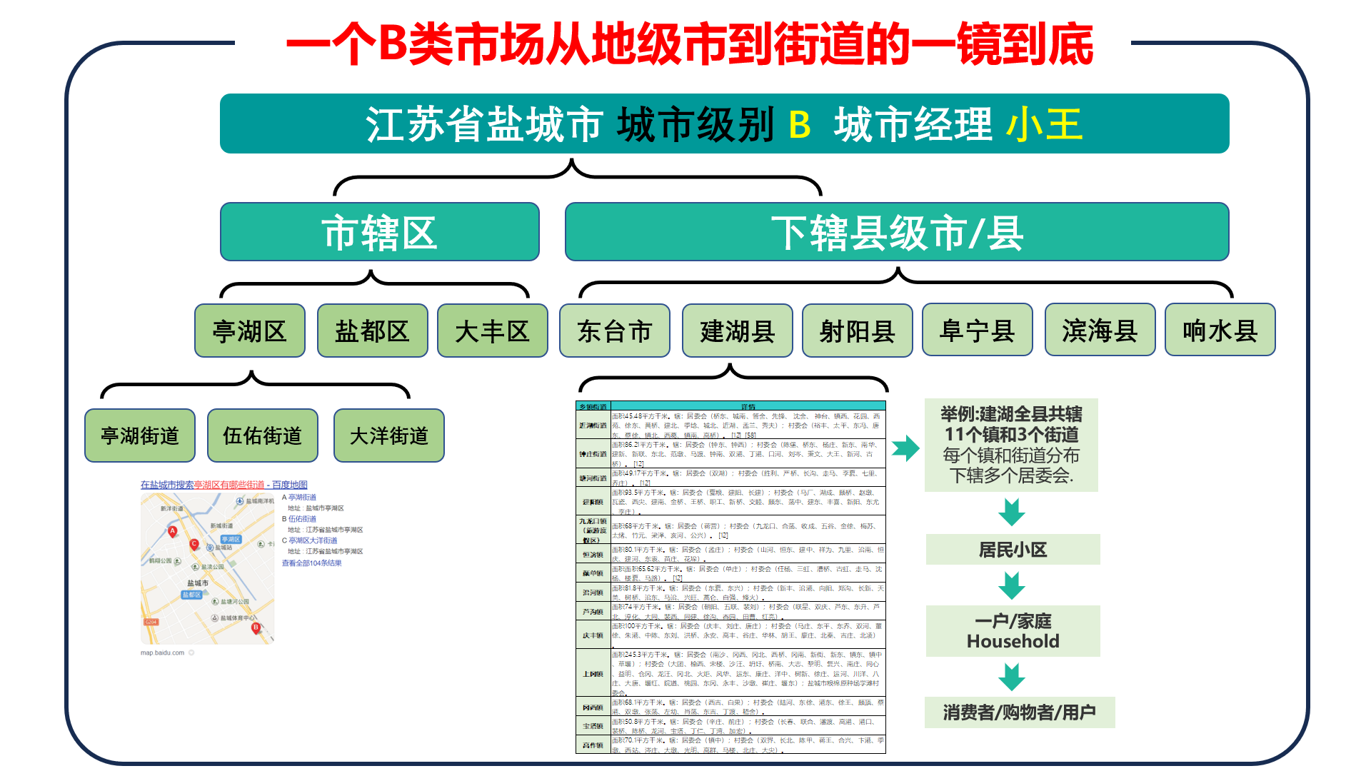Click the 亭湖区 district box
point(249,331)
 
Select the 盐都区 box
point(372,331)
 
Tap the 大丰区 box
point(492,331)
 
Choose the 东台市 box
point(614,331)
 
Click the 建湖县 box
point(737,331)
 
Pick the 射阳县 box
point(857,331)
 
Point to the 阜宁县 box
point(977,330)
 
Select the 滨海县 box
point(1100,330)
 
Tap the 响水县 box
point(1220,330)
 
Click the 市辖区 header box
point(379,232)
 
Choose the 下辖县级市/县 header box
point(897,232)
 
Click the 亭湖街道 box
point(140,435)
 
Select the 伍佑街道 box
point(262,435)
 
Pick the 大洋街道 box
point(388,435)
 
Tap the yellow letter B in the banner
point(799,124)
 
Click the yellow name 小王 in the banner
point(1045,124)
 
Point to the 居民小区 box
point(1013,550)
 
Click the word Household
point(1013,641)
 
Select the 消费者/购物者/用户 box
point(1019,712)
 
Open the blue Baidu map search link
point(224,485)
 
